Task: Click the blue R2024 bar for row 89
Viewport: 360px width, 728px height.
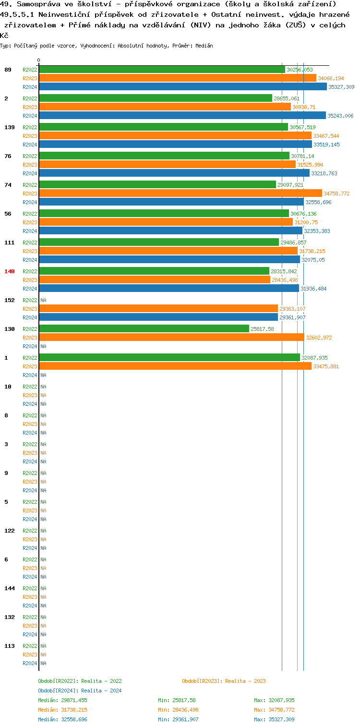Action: point(182,87)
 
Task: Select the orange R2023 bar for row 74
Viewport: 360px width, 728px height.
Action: point(180,194)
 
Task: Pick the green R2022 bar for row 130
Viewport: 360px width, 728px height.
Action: point(144,329)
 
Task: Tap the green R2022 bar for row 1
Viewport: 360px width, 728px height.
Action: point(169,358)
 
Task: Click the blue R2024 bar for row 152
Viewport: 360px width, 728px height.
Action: point(158,317)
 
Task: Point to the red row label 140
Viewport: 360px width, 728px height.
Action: point(10,271)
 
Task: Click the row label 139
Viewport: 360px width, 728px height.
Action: point(10,127)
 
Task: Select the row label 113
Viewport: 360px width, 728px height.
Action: point(10,646)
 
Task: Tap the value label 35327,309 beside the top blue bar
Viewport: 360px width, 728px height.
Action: point(341,87)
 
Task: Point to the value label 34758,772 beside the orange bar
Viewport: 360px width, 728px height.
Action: point(336,194)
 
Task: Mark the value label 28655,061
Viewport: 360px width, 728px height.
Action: point(287,98)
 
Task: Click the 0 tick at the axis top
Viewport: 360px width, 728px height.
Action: point(39,61)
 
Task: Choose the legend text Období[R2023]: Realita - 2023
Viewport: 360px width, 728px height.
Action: point(224,681)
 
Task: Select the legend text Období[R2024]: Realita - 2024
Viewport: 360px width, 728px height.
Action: point(80,691)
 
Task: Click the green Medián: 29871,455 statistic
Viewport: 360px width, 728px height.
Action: point(62,700)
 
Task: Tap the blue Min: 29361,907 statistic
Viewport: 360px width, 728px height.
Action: point(178,719)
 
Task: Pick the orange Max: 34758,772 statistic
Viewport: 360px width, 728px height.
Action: point(274,710)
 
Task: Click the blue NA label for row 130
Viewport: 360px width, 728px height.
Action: point(43,346)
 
